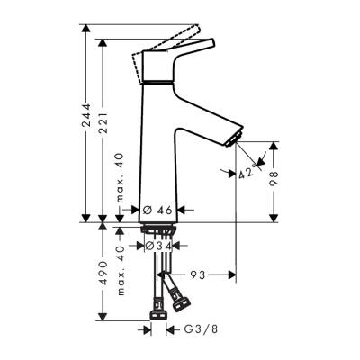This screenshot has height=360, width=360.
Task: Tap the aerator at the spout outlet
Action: tap(236, 137)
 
